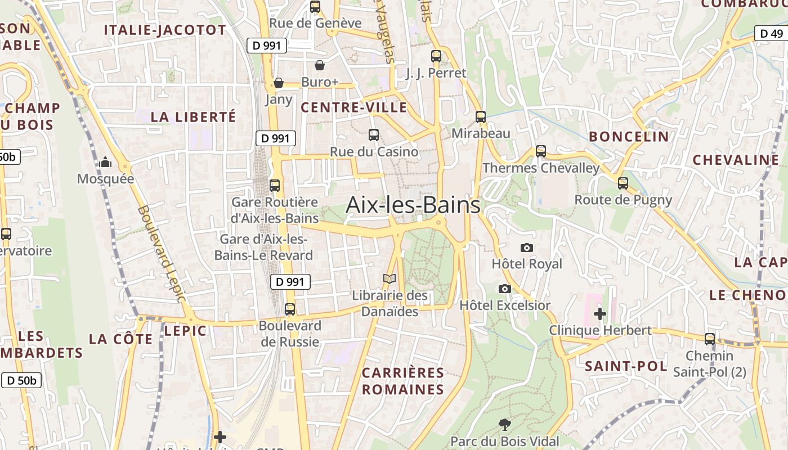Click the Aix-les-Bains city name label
tap(413, 205)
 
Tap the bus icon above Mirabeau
tap(481, 117)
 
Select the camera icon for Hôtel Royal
tap(527, 247)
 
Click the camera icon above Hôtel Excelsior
tap(505, 289)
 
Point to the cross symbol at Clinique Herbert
tap(600, 313)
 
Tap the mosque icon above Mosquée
tap(105, 163)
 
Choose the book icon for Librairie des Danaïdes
tap(389, 278)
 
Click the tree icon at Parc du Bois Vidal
tap(505, 425)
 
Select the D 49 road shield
tap(771, 33)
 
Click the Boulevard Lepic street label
tap(161, 254)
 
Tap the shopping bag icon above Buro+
tap(320, 65)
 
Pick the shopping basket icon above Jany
tap(278, 83)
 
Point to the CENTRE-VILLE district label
tap(354, 107)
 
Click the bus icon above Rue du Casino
tap(374, 135)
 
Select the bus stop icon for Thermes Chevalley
tap(541, 151)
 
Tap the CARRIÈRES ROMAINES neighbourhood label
tap(402, 381)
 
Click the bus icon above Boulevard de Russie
tap(290, 309)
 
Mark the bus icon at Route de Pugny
tap(623, 183)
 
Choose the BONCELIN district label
tap(629, 136)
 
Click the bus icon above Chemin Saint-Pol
tap(710, 339)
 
